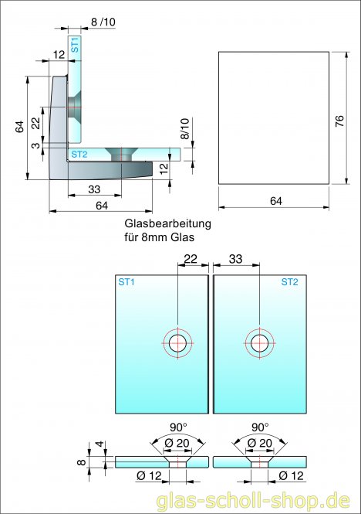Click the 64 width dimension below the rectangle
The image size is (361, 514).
point(275,201)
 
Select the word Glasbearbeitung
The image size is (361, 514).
point(167,224)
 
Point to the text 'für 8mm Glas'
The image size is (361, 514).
point(157,237)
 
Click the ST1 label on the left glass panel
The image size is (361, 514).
point(127,282)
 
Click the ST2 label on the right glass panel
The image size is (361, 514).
point(289,282)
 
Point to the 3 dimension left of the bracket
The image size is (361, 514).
point(35,145)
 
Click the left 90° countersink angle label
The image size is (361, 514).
point(179,427)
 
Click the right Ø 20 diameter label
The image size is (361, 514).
point(260,442)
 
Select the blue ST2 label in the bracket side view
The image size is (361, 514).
point(79,155)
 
